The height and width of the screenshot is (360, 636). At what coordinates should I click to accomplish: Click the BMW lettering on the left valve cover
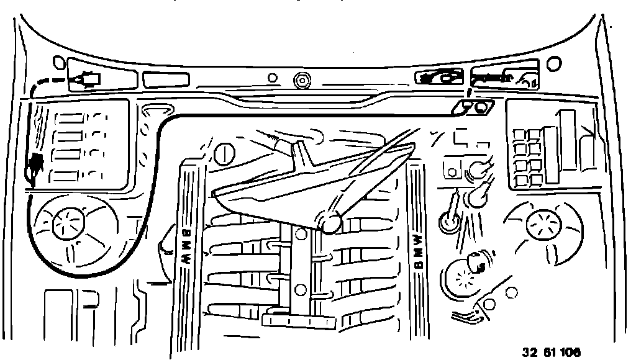(186, 245)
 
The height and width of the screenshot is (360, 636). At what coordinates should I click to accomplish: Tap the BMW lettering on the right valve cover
(418, 251)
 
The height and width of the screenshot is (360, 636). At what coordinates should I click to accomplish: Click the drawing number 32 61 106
(551, 352)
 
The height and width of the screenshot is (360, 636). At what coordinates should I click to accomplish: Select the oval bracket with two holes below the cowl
(475, 107)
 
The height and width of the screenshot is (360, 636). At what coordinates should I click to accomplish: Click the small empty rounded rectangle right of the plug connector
(166, 79)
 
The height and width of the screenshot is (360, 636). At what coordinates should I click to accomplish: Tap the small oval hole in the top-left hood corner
(60, 62)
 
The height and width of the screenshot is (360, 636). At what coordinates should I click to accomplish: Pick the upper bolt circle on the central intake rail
(301, 234)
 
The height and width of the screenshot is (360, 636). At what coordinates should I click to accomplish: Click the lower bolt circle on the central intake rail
(300, 289)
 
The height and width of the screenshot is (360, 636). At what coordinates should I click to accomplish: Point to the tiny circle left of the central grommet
(271, 78)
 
